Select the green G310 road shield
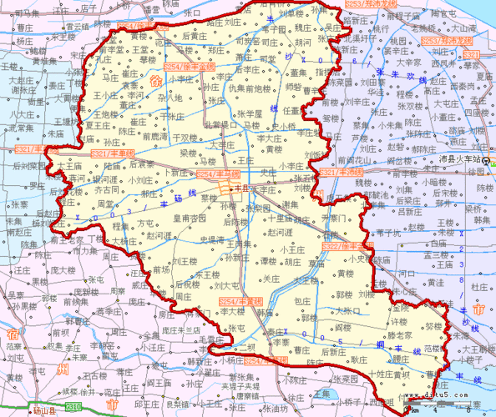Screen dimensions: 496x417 [73, 407]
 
